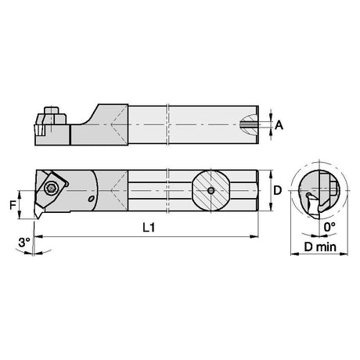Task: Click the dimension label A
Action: point(279,125)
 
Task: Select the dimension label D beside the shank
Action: point(278,190)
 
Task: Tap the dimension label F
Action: point(13,205)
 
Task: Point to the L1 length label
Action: point(149,228)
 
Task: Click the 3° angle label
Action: point(24,243)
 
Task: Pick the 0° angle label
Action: point(329,227)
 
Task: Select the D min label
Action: point(320,247)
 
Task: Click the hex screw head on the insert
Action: point(49,188)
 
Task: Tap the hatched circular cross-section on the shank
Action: point(211,191)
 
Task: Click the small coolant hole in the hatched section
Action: point(211,191)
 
